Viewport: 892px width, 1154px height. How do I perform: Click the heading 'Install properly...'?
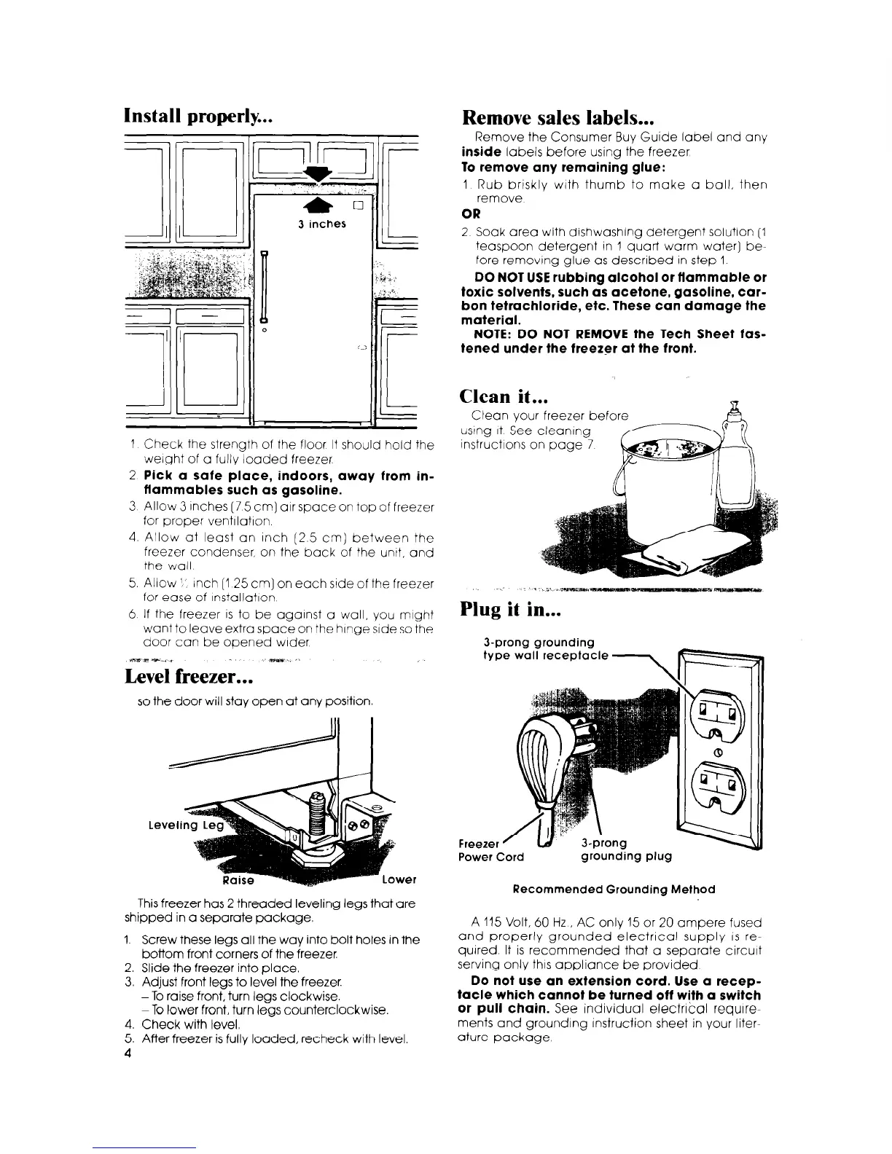[x=199, y=117]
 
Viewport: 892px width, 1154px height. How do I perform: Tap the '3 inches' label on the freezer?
[x=322, y=224]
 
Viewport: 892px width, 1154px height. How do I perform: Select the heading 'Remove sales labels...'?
[x=560, y=117]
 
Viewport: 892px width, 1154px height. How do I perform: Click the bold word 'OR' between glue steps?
[x=470, y=215]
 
